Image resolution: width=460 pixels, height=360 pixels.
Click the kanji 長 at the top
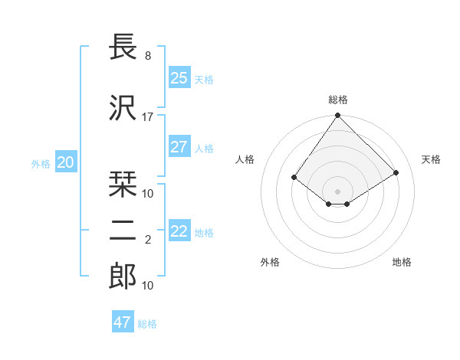(123, 49)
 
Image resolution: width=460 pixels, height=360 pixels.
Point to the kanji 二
(123, 231)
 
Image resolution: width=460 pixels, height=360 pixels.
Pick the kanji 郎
(123, 277)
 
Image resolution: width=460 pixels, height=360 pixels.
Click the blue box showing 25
(179, 78)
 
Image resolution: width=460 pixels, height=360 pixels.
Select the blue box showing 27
(179, 147)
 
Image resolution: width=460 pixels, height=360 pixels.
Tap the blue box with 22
(179, 231)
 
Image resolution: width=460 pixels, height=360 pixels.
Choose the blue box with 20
(66, 162)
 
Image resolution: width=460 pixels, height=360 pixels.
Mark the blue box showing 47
(123, 322)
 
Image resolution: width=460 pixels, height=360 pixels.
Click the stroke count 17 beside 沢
(148, 117)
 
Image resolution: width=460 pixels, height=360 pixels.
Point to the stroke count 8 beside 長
(148, 56)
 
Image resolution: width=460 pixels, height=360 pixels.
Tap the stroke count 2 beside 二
(148, 240)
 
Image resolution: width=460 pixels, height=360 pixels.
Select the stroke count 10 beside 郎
(148, 286)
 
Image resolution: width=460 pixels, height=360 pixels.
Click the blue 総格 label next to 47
(147, 324)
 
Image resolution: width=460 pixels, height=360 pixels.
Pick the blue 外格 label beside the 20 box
(41, 163)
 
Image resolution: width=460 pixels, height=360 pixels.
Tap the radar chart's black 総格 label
(337, 100)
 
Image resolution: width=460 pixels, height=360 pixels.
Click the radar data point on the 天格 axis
(396, 173)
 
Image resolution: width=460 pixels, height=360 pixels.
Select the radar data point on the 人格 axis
(294, 178)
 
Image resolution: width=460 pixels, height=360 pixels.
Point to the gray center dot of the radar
(337, 191)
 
